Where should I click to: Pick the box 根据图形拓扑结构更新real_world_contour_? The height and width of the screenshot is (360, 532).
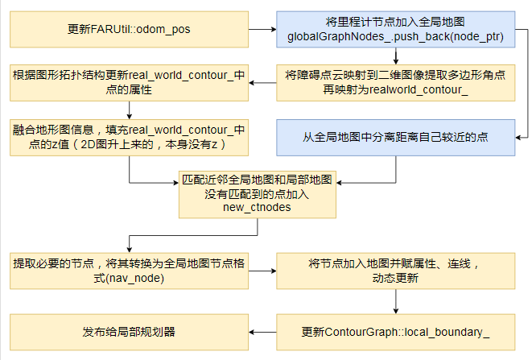[128, 82]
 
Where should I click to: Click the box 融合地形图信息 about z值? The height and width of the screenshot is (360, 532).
[128, 137]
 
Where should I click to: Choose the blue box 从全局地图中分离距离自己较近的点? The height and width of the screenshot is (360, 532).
[395, 137]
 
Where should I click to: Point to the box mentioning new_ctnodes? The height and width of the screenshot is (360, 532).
[258, 192]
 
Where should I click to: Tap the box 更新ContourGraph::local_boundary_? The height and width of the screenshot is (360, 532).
[395, 331]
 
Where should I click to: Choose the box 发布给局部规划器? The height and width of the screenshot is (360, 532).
[128, 331]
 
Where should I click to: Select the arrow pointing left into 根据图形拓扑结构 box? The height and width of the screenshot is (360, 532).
[262, 82]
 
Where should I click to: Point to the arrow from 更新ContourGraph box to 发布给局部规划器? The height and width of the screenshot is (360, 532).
[262, 331]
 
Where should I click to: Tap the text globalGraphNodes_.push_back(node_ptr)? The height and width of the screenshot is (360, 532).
[395, 36]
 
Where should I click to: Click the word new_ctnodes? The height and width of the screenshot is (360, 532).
[258, 208]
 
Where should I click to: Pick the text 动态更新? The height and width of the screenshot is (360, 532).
[395, 278]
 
